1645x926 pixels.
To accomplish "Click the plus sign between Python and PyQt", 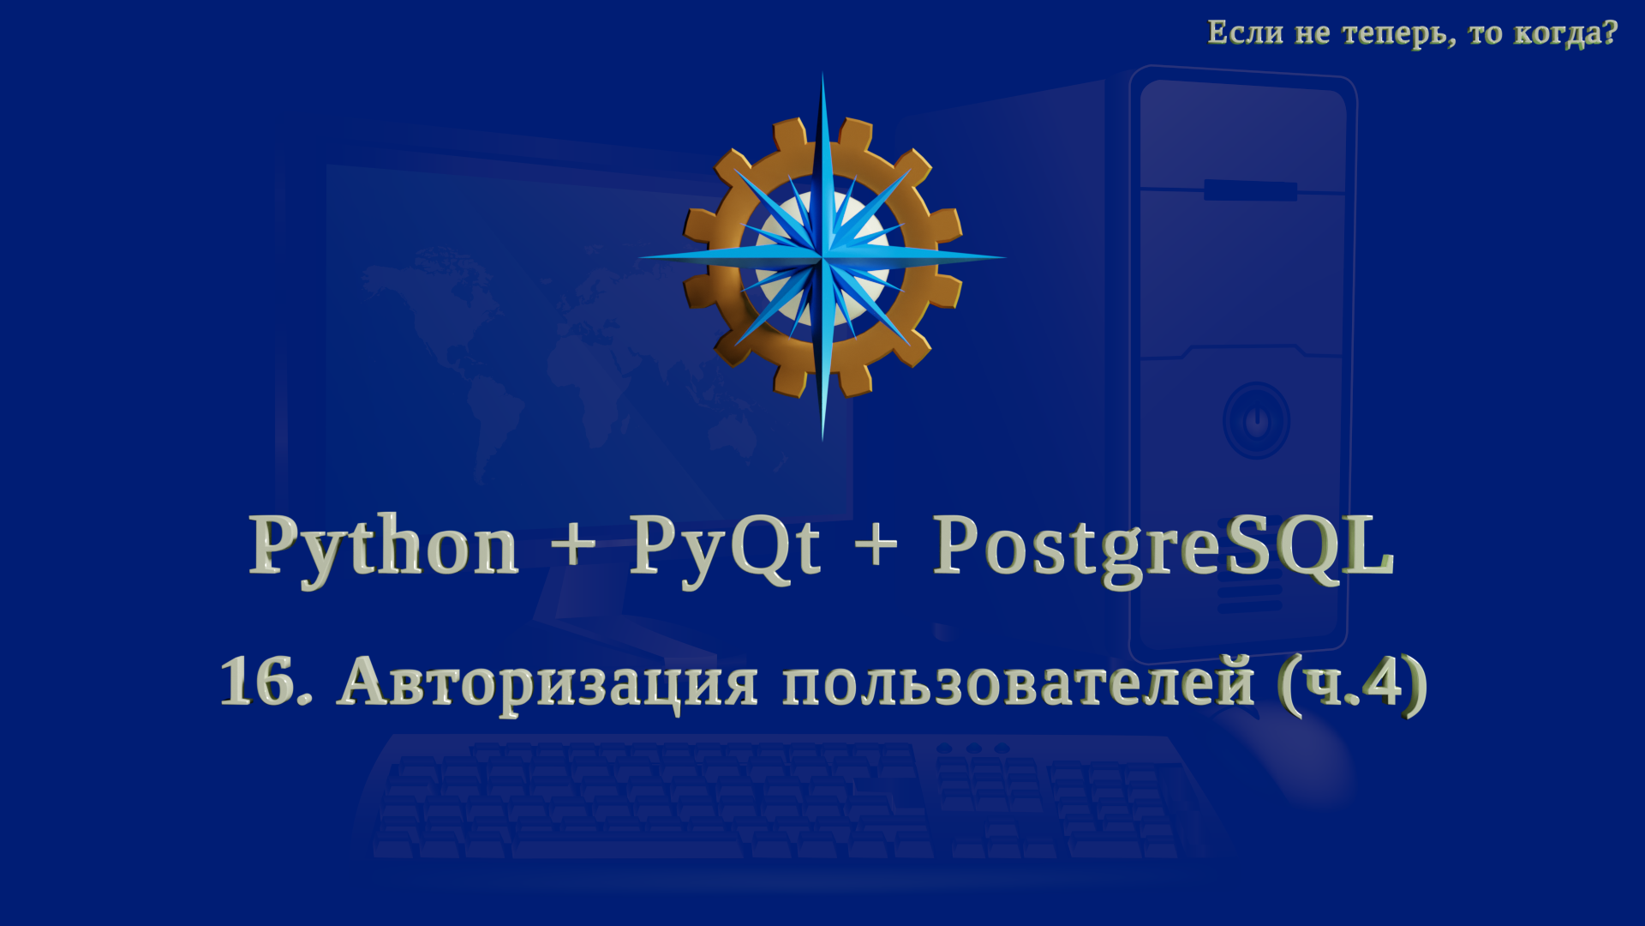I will [573, 544].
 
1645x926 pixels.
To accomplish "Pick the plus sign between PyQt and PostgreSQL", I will [876, 544].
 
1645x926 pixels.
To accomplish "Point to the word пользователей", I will [1018, 684].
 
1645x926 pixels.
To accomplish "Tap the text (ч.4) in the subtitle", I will [1352, 684].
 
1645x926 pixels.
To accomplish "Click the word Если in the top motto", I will [1245, 33].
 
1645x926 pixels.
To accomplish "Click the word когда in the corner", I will [1556, 34].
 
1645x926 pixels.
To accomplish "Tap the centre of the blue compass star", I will [822, 256].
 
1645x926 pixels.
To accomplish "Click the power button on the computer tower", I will [1256, 421].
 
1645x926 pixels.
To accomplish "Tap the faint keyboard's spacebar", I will [630, 850].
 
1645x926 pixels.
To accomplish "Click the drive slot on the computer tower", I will [1250, 189].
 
